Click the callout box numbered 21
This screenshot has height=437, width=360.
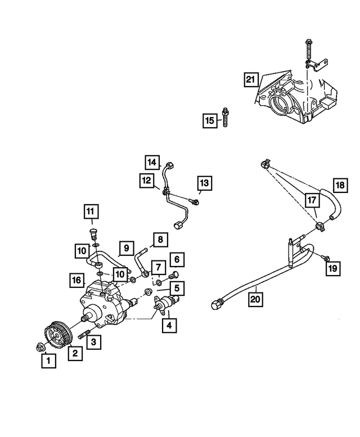point(250,79)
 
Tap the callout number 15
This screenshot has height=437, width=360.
point(210,120)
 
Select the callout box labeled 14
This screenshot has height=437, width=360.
point(151,163)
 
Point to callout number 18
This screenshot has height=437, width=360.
point(340,186)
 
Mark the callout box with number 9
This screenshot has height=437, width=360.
point(126,247)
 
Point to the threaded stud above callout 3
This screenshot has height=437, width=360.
point(85,337)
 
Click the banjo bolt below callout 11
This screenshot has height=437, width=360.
point(94,233)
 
